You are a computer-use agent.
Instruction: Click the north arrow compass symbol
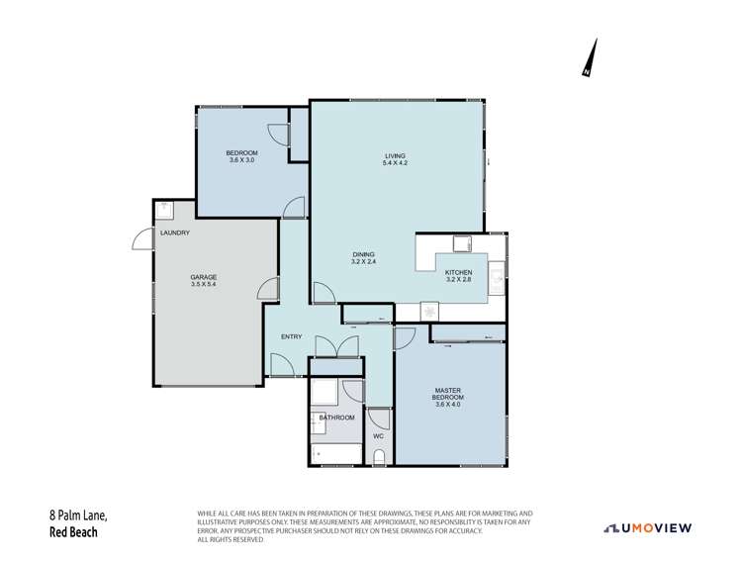coord(591,57)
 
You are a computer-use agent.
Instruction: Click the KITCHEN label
coord(458,272)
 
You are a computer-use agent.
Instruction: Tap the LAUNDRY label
coord(174,233)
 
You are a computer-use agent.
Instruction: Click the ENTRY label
coord(291,336)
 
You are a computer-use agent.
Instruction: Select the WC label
coord(378,435)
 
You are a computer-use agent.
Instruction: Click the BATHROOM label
coord(336,418)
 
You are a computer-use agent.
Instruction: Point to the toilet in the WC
coord(379,456)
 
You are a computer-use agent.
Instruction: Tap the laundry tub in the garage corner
coord(164,210)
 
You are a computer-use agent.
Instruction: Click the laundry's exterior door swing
coord(141,239)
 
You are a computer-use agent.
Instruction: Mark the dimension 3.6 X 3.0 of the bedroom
coord(241,159)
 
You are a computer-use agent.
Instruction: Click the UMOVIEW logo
coord(648,527)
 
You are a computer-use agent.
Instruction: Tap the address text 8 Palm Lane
coord(78,515)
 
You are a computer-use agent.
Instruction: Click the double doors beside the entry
coord(333,347)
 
